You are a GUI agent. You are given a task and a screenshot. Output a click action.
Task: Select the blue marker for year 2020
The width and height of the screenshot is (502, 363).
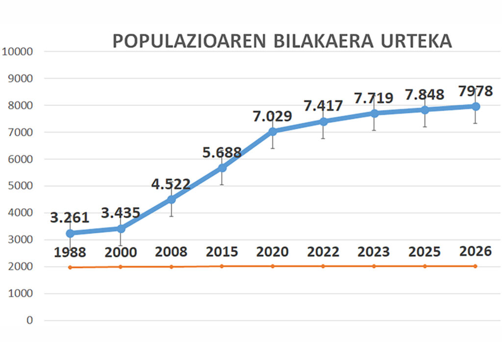(x=273, y=132)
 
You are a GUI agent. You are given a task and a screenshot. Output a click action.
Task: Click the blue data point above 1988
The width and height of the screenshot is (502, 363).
(x=70, y=233)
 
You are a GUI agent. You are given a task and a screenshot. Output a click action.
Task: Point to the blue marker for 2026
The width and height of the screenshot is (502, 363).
(x=476, y=106)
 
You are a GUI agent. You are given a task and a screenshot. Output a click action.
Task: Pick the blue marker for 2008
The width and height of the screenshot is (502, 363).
(x=171, y=199)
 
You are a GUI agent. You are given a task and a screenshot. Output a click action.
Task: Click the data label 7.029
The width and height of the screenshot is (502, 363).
(x=272, y=117)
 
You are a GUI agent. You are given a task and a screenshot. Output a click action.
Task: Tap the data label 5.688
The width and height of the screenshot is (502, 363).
(x=222, y=152)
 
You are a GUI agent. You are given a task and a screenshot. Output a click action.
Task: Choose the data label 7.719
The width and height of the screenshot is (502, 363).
(x=374, y=98)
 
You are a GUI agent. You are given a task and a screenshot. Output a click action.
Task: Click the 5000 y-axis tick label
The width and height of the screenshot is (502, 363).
(x=20, y=186)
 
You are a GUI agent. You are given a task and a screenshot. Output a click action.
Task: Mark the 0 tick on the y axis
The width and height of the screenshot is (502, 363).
(x=30, y=321)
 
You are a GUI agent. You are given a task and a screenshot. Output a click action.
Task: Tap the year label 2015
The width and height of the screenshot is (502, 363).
(x=222, y=252)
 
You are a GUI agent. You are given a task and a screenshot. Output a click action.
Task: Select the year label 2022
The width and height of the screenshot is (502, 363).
(x=323, y=252)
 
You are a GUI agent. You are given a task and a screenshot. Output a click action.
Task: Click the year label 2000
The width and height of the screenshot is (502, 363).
(x=121, y=252)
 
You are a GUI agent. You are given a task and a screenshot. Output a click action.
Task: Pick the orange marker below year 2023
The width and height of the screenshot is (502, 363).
(x=374, y=266)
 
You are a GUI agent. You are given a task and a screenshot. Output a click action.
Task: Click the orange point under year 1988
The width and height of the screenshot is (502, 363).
(x=70, y=267)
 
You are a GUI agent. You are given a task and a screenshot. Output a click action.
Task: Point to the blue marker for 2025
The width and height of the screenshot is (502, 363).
(x=425, y=110)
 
